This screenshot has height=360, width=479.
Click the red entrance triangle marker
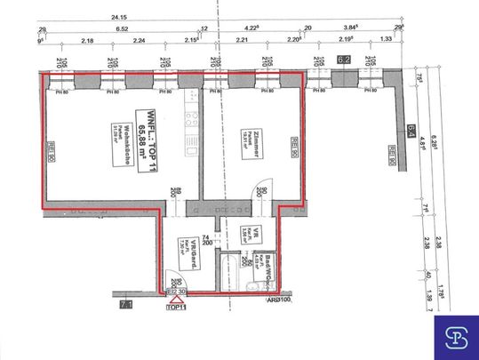click(177, 298)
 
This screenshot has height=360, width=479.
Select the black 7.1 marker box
click(125, 306)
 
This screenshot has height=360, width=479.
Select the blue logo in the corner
click(454, 335)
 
